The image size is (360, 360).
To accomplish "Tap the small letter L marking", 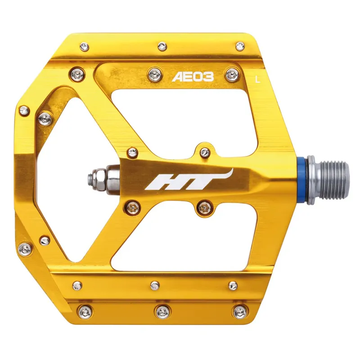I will pos(257,80).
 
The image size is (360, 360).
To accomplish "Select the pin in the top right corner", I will pos(240,45).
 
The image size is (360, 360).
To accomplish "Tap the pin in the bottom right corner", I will pos(239,311).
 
